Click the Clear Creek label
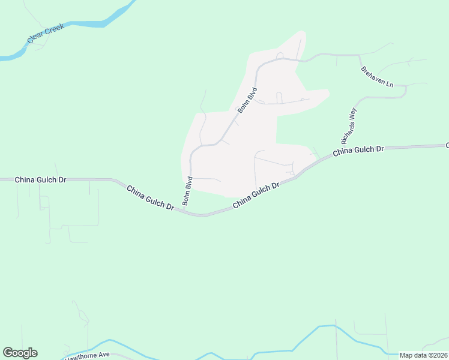click(46, 35)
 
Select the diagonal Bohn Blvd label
click(247, 100)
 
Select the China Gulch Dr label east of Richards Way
click(358, 150)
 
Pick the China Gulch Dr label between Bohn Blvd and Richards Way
click(256, 195)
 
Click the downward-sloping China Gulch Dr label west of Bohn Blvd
click(150, 197)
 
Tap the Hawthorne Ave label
click(88, 355)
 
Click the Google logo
click(20, 353)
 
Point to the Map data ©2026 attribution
click(423, 355)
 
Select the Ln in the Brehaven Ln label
click(388, 85)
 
